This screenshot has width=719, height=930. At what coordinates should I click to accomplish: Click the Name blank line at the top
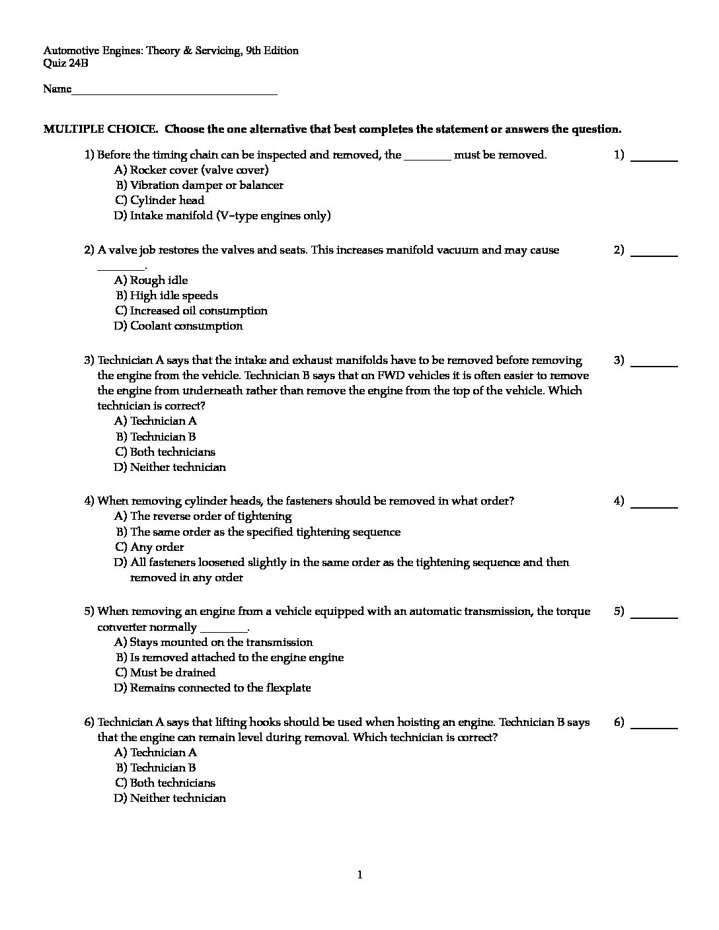(x=174, y=92)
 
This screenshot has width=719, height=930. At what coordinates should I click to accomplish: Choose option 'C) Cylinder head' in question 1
(x=159, y=200)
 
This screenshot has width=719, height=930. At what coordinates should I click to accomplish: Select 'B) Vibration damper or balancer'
(x=199, y=185)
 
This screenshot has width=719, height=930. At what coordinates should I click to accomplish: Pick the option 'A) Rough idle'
(x=151, y=280)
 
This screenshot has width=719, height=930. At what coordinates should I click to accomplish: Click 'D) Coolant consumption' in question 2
(x=178, y=326)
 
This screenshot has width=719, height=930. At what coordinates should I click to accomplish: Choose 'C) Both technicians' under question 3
(x=165, y=452)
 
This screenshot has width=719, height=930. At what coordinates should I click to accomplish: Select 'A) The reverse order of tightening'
(x=203, y=516)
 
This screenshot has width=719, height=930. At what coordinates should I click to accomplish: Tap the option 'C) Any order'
(x=149, y=547)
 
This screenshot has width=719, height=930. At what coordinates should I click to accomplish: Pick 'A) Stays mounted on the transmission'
(x=213, y=642)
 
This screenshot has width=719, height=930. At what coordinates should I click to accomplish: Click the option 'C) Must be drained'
(x=165, y=672)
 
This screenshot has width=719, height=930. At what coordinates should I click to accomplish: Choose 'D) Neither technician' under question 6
(x=170, y=798)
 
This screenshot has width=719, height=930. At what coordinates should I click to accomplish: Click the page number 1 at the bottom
(x=359, y=876)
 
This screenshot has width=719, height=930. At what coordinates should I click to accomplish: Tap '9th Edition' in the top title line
(x=272, y=51)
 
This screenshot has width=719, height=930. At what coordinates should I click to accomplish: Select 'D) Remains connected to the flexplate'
(x=212, y=688)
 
